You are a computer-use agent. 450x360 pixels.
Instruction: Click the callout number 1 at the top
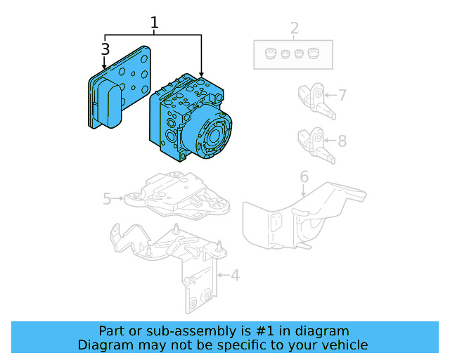154,22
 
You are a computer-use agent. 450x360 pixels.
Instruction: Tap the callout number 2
294,29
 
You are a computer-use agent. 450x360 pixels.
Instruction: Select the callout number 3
105,49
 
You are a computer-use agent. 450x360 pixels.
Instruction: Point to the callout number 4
235,275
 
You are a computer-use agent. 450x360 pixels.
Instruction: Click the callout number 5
107,199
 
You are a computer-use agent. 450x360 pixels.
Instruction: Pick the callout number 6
304,176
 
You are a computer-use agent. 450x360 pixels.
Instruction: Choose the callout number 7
342,95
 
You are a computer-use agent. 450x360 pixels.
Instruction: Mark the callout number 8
342,141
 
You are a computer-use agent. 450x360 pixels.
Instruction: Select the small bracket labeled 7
314,98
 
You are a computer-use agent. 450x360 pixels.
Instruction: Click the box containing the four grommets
292,54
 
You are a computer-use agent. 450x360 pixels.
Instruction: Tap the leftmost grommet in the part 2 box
269,53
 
